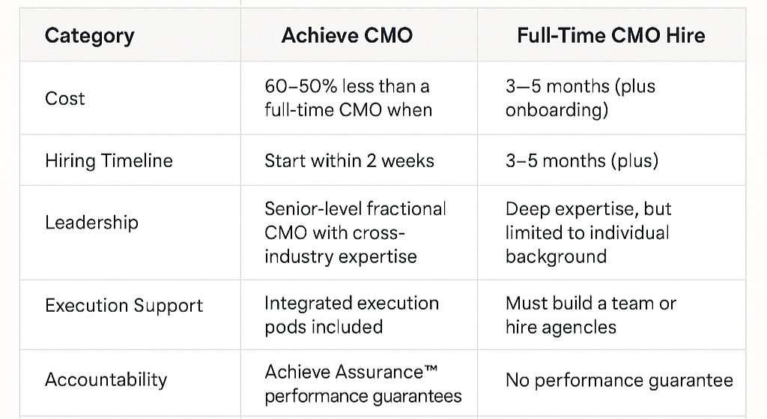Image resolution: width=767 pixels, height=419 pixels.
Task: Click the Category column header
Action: pyautogui.click(x=89, y=36)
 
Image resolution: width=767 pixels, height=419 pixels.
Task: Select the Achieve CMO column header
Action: pyautogui.click(x=347, y=36)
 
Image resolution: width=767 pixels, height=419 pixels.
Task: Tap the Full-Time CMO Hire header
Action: pyautogui.click(x=610, y=36)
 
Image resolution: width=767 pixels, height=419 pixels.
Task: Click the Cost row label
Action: pyautogui.click(x=65, y=98)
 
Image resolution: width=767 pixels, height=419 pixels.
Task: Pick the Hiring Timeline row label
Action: pyautogui.click(x=109, y=160)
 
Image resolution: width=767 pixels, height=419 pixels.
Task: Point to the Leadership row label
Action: pyautogui.click(x=91, y=223)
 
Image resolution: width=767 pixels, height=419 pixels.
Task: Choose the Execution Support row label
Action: pyautogui.click(x=124, y=305)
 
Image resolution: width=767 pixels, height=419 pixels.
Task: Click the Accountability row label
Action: pyautogui.click(x=106, y=379)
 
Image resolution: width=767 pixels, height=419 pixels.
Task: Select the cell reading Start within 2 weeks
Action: pyautogui.click(x=349, y=160)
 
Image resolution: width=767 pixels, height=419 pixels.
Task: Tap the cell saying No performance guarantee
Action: pyautogui.click(x=619, y=380)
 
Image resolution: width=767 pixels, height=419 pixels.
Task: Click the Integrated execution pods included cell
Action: pyautogui.click(x=351, y=315)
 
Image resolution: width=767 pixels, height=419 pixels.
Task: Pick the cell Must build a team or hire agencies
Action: pyautogui.click(x=590, y=315)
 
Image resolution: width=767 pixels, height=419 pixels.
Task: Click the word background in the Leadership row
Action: pyautogui.click(x=556, y=256)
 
